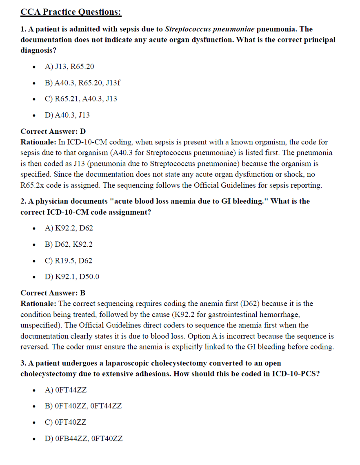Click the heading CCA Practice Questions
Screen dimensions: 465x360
[71, 12]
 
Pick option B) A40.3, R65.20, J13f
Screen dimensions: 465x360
[82, 83]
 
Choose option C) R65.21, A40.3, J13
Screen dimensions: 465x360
[81, 99]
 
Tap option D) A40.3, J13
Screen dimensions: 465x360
[67, 115]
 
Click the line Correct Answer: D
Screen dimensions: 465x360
[53, 131]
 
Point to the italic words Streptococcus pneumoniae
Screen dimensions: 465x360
[209, 29]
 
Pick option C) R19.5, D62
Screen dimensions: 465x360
[68, 261]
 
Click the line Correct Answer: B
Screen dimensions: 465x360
[53, 293]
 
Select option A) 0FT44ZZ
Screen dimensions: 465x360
[65, 390]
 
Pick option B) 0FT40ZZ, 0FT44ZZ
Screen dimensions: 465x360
[83, 406]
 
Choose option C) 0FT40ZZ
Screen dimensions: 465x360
[65, 422]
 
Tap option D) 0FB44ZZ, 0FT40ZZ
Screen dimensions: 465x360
[83, 438]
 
